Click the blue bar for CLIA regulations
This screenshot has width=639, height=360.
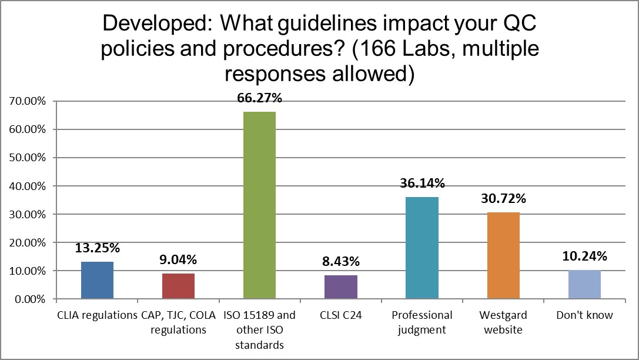(x=97, y=281)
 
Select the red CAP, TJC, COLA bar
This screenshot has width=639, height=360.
(x=178, y=286)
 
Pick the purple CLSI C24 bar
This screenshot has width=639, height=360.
(x=341, y=287)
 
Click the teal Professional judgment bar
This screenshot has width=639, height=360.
(x=422, y=248)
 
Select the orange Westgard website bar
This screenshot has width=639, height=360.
(x=503, y=255)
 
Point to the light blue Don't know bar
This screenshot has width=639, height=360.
(x=584, y=285)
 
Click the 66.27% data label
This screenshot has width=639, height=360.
(x=260, y=98)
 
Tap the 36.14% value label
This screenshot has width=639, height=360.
(x=422, y=184)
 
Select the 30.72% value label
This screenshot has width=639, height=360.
(x=503, y=199)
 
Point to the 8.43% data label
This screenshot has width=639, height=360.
(x=341, y=262)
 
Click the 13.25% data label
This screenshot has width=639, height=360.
(x=98, y=248)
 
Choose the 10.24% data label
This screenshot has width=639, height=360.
(x=584, y=256)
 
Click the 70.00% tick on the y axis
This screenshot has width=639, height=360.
(x=28, y=101)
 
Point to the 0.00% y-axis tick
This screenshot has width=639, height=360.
(x=31, y=299)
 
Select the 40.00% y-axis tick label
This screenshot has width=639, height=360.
(x=28, y=186)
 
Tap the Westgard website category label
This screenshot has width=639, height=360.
(x=503, y=322)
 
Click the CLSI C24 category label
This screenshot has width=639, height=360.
(x=341, y=315)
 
